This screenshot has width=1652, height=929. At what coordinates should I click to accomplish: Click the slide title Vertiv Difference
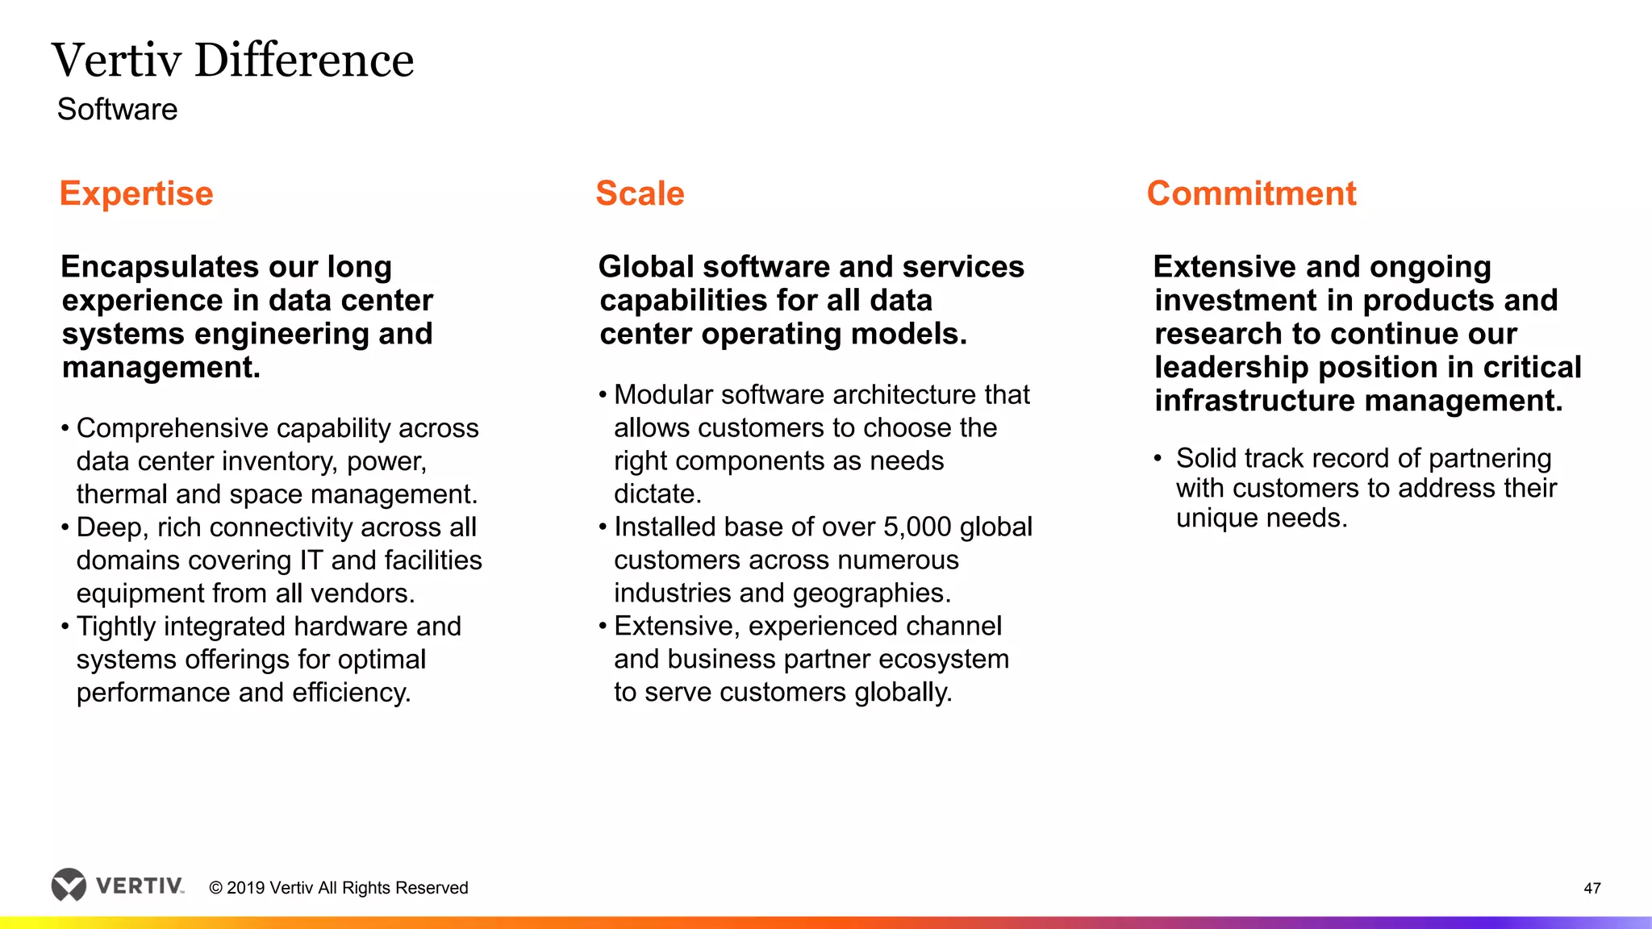pyautogui.click(x=232, y=60)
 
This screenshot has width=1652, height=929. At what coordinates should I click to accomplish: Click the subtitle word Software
pyautogui.click(x=117, y=110)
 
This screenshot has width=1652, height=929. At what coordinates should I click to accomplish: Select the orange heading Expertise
pyautogui.click(x=136, y=194)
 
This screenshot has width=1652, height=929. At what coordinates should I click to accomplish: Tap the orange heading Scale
pyautogui.click(x=640, y=194)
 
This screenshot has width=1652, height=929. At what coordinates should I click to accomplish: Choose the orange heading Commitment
pyautogui.click(x=1251, y=194)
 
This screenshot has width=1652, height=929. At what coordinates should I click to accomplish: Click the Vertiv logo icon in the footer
pyautogui.click(x=69, y=885)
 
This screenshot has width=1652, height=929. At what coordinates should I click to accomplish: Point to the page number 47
pyautogui.click(x=1592, y=888)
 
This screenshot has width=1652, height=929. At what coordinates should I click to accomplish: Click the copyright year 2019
pyautogui.click(x=246, y=888)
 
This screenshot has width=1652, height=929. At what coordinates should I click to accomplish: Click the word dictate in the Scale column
pyautogui.click(x=655, y=494)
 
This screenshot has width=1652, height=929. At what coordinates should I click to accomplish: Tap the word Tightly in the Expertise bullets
pyautogui.click(x=119, y=627)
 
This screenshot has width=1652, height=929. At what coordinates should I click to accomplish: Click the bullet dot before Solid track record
pyautogui.click(x=1158, y=459)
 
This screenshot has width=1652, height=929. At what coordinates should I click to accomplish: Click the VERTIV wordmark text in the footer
pyautogui.click(x=139, y=886)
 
